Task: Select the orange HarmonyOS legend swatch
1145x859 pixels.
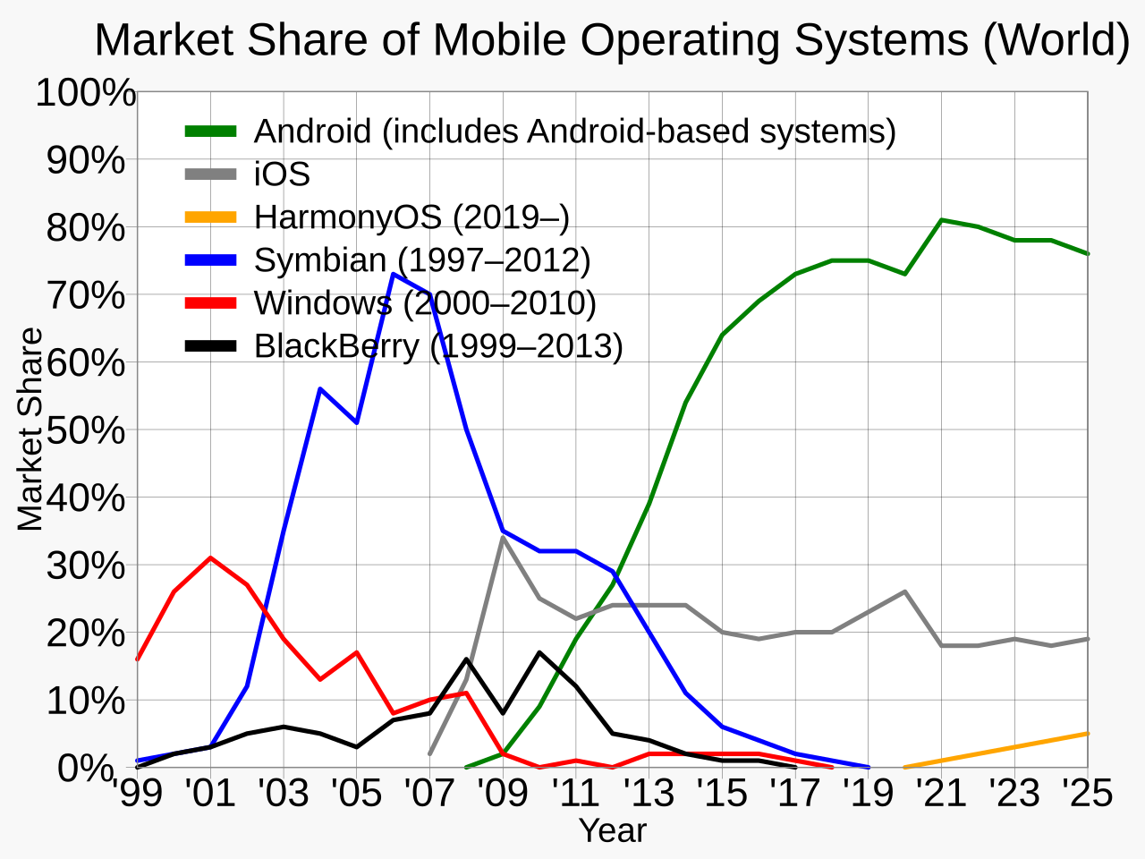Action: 211,217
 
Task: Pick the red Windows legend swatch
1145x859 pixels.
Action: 211,303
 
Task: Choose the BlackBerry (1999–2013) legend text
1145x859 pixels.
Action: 438,346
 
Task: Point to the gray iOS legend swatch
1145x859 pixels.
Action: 211,174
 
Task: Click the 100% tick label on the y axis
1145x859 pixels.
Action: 86,93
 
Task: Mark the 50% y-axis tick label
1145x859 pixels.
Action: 86,430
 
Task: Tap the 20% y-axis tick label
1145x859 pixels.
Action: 86,634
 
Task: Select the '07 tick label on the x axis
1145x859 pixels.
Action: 429,794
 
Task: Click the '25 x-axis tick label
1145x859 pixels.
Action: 1087,794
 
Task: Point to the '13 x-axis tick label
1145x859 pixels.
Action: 649,794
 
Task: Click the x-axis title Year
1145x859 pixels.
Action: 613,831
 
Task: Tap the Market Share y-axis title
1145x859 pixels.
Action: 30,429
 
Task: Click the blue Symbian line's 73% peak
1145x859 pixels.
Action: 394,274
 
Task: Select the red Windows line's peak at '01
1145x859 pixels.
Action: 210,558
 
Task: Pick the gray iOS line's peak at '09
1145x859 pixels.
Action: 503,538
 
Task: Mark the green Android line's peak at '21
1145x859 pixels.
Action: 941,220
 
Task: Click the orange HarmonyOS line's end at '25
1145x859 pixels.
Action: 1086,734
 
